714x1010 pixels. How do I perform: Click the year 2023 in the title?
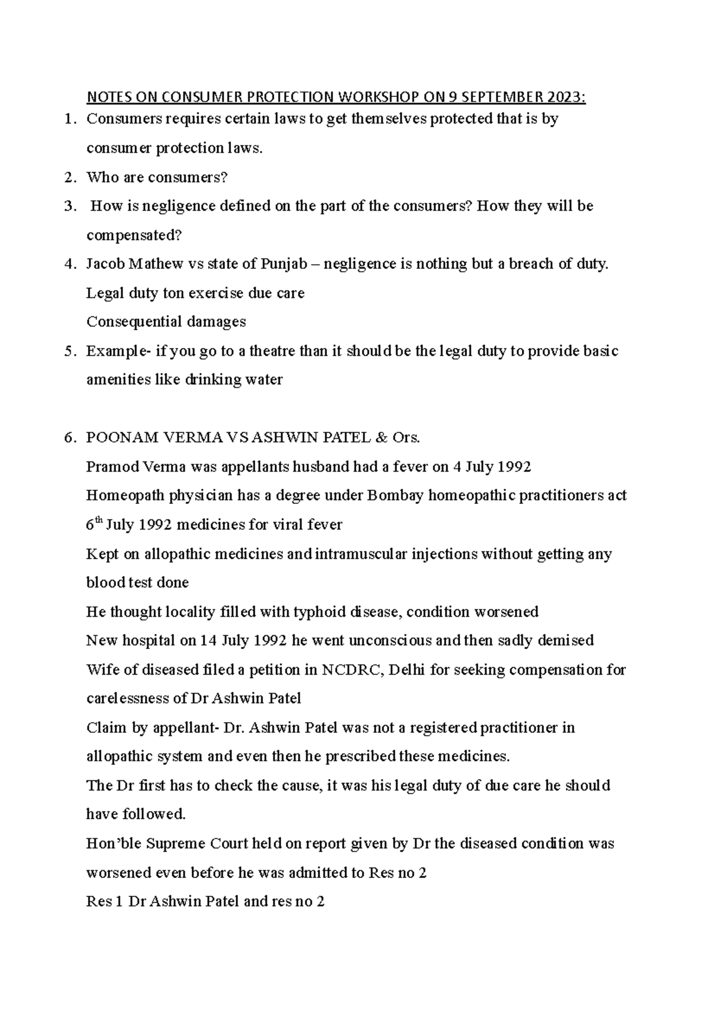click(566, 97)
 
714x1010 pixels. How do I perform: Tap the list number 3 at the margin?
click(70, 206)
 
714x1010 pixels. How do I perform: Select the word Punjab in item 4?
click(283, 264)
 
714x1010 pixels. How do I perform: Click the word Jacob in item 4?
click(105, 264)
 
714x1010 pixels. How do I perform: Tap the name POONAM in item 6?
click(115, 438)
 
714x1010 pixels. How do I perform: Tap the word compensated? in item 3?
click(134, 236)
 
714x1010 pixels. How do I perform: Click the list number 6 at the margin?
click(70, 438)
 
